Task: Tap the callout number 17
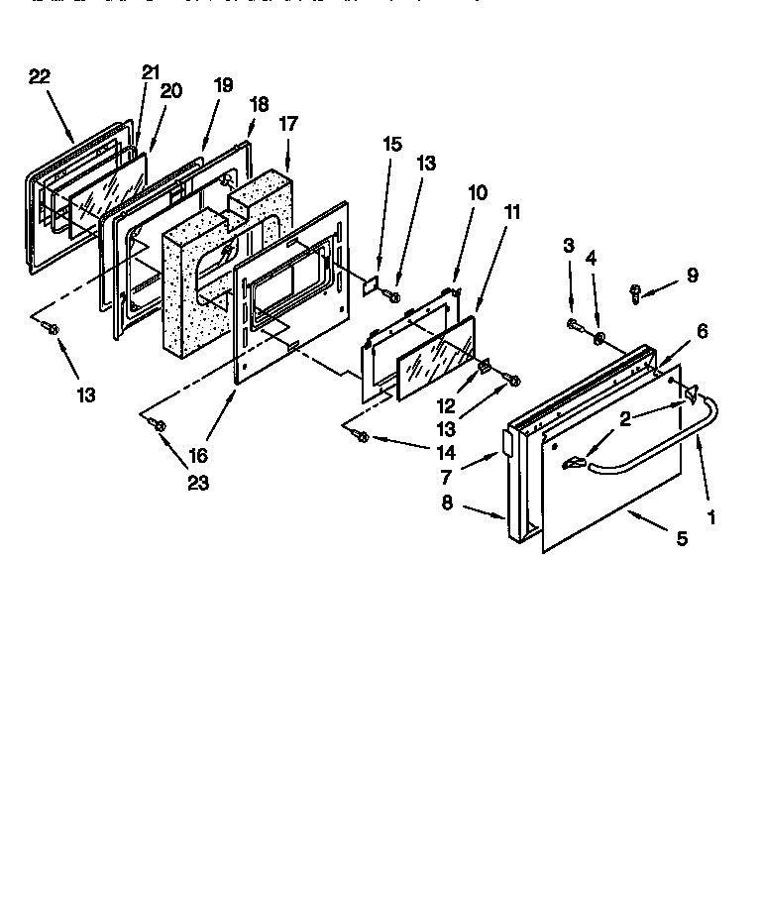288,125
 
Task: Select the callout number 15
392,144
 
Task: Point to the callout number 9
692,276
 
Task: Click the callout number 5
682,539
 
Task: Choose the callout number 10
478,192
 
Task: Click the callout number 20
170,90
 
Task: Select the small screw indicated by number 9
636,291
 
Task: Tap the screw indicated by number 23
159,425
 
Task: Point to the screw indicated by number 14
364,436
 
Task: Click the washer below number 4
599,340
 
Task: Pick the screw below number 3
574,323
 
